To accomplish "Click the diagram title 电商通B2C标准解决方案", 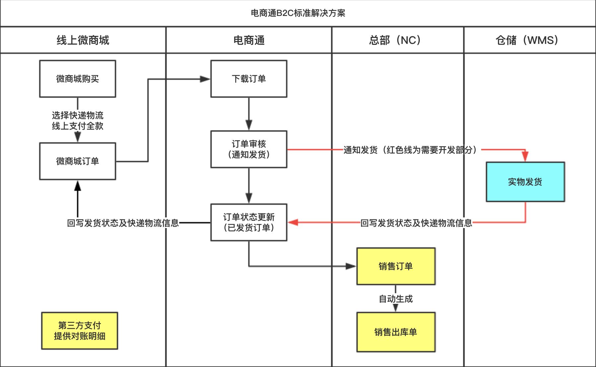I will point(298,13).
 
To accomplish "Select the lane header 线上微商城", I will point(83,40).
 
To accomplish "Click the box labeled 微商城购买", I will point(77,79).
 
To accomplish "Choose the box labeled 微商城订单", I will point(77,161).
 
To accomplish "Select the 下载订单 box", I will point(249,79).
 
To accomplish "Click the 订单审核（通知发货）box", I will point(249,149).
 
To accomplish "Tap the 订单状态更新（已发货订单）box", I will point(249,222).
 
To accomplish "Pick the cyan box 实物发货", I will point(525,182).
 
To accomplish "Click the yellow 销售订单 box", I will point(396,266).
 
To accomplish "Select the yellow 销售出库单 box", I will point(396,332).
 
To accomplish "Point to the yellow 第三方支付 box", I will point(79,331).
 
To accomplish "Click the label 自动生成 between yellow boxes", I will point(396,299).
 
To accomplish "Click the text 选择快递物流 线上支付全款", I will point(77,121).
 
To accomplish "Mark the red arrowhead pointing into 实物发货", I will point(525,157).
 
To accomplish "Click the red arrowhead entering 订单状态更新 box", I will point(293,222).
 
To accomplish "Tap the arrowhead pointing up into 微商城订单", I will point(78,185).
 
